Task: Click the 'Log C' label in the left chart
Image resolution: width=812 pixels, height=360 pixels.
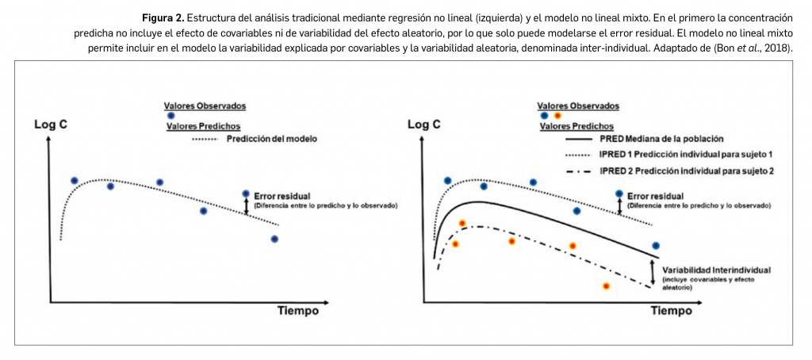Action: (x=49, y=124)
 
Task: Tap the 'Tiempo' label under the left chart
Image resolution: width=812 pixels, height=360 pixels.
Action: (x=298, y=311)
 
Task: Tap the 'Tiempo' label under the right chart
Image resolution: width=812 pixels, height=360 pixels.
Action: (x=672, y=311)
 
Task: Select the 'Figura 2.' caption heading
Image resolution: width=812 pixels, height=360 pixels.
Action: (x=163, y=17)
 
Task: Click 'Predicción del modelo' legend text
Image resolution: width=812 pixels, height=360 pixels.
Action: (x=271, y=139)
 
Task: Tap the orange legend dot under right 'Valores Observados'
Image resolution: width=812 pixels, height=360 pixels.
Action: (x=557, y=116)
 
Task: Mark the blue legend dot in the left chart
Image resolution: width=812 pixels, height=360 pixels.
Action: (x=170, y=116)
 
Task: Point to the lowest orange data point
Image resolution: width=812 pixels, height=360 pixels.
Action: (x=606, y=285)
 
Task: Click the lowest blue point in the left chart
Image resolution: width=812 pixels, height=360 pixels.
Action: (x=274, y=239)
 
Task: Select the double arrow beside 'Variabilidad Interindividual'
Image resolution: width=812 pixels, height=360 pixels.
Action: (x=653, y=274)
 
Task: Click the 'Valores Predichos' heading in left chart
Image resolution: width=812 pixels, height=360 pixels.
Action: (x=203, y=126)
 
